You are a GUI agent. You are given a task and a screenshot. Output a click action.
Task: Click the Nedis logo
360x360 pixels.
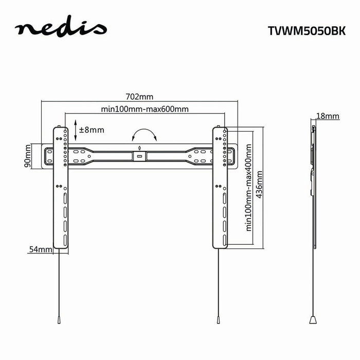(61, 29)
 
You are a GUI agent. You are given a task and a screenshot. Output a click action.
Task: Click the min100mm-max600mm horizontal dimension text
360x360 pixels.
(145, 109)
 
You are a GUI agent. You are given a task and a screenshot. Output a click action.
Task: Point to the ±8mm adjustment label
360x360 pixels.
(92, 130)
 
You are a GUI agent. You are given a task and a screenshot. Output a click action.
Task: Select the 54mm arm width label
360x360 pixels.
(41, 249)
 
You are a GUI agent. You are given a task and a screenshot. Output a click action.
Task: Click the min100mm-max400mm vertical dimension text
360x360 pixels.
(248, 188)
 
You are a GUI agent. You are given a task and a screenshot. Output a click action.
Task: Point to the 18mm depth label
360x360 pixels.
(328, 116)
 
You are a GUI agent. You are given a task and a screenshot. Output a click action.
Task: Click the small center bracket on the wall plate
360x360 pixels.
(139, 155)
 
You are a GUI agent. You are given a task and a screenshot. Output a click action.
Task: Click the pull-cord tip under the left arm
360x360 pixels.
(60, 319)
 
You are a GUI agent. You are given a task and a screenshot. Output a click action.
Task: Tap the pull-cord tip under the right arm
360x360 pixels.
(219, 319)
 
